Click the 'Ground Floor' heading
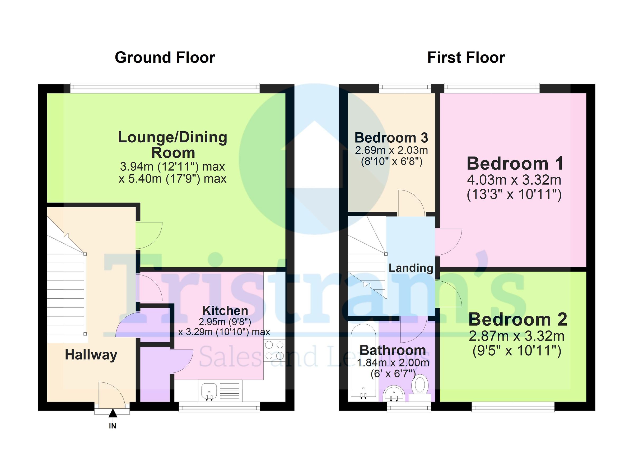point(165,58)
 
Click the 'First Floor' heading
point(466,58)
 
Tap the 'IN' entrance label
point(112,426)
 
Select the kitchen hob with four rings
point(274,350)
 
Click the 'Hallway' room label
point(91,355)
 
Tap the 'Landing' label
point(411,268)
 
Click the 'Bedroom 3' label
point(391,138)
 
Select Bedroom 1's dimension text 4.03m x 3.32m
point(514,180)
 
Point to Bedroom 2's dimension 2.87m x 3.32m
point(516,336)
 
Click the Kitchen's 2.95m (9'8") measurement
point(225,322)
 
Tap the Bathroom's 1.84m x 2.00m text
point(393,363)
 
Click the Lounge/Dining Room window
point(165,88)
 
